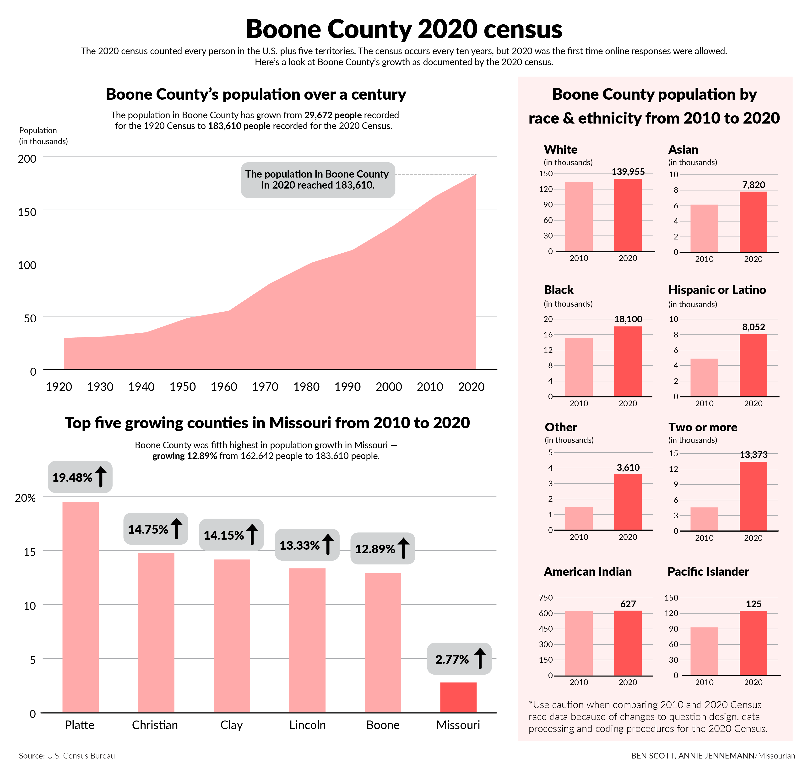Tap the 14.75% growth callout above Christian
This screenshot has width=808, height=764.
(x=156, y=529)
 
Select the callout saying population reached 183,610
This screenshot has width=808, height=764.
(x=318, y=180)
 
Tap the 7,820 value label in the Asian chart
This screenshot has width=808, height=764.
(x=754, y=185)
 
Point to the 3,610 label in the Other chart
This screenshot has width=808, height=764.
(x=628, y=467)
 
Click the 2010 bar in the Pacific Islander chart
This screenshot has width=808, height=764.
(x=704, y=651)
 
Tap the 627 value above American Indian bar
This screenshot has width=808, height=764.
(x=628, y=604)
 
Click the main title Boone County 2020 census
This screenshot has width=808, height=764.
(x=404, y=29)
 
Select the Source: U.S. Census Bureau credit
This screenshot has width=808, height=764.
(x=67, y=756)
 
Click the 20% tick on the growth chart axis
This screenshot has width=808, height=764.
(x=25, y=498)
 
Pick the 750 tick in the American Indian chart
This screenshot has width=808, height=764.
(x=546, y=598)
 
